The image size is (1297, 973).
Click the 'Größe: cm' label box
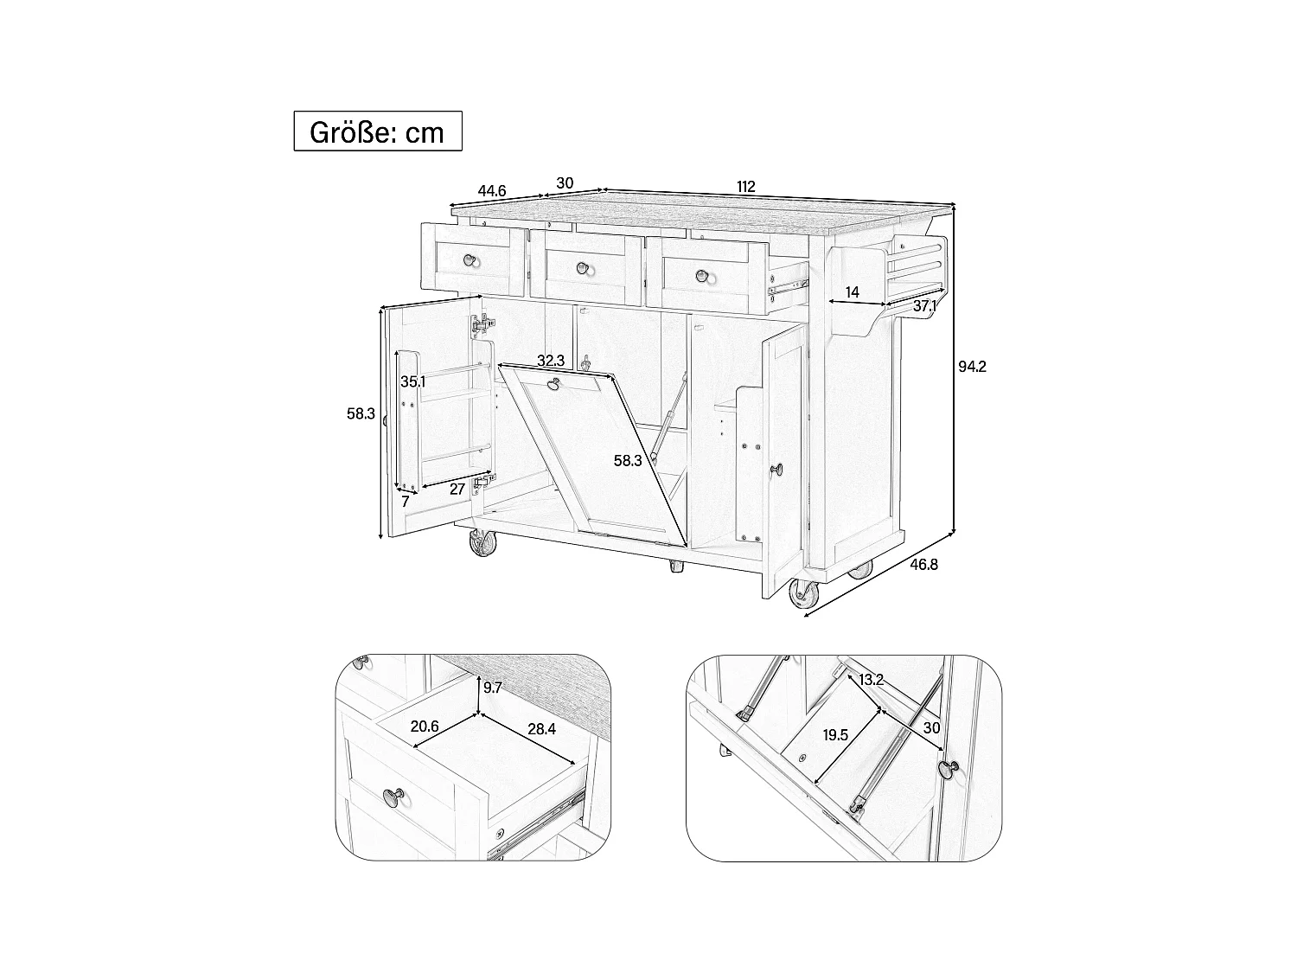(x=378, y=131)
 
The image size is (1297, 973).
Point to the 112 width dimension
(x=745, y=187)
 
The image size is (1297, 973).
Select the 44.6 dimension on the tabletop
(x=491, y=190)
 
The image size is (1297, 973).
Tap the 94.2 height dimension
(x=971, y=367)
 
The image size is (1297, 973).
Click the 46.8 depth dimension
(x=923, y=565)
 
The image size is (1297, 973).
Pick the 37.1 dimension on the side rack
(x=924, y=305)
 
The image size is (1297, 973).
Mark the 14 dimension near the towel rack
(x=853, y=292)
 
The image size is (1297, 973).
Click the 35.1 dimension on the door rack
(x=412, y=381)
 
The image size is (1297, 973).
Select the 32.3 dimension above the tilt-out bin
(x=551, y=361)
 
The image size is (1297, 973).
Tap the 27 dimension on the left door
(x=457, y=489)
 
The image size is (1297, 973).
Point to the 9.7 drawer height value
(x=493, y=688)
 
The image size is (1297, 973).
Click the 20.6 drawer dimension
(x=425, y=727)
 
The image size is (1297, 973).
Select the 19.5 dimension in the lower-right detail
(x=834, y=735)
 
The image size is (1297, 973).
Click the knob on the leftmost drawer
(x=470, y=259)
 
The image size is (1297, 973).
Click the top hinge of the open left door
(x=481, y=325)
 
